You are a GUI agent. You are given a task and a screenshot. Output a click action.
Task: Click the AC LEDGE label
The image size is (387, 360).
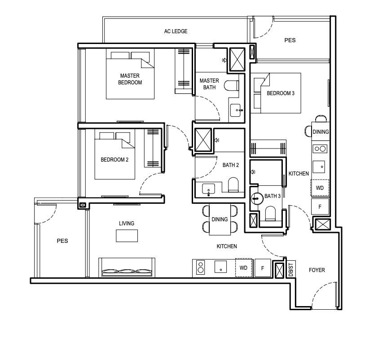(176, 31)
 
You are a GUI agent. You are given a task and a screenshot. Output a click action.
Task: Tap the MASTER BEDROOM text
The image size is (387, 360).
(130, 79)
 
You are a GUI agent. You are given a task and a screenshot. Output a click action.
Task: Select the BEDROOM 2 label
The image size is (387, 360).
(114, 160)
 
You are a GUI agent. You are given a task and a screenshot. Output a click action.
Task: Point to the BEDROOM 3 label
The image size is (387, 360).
(281, 93)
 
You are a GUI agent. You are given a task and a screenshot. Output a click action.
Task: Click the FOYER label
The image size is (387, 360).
(317, 270)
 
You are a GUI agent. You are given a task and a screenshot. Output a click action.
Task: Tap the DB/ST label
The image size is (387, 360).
(291, 270)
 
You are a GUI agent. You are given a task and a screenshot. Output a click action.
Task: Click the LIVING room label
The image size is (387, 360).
(127, 223)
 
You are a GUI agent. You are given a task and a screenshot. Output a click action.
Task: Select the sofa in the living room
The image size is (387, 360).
(127, 268)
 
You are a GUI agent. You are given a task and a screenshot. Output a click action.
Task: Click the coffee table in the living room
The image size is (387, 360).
(127, 236)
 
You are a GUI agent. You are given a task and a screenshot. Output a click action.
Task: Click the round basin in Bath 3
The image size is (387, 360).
(257, 198)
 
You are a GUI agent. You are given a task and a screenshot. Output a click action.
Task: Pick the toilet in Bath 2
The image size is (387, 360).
(233, 185)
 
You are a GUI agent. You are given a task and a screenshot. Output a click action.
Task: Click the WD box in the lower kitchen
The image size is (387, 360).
(244, 268)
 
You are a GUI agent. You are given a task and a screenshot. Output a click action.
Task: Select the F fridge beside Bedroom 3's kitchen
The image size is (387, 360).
(320, 206)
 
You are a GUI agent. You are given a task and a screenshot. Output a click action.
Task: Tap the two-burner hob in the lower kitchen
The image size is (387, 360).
(201, 268)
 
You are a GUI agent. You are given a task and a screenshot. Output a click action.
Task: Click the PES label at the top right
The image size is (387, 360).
(290, 40)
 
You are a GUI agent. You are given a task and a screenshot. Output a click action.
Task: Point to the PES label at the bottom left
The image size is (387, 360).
(62, 241)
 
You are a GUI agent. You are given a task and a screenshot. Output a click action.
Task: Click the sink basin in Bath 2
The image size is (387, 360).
(209, 189)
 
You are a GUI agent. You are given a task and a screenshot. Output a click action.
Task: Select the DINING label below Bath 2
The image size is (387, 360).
(220, 220)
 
